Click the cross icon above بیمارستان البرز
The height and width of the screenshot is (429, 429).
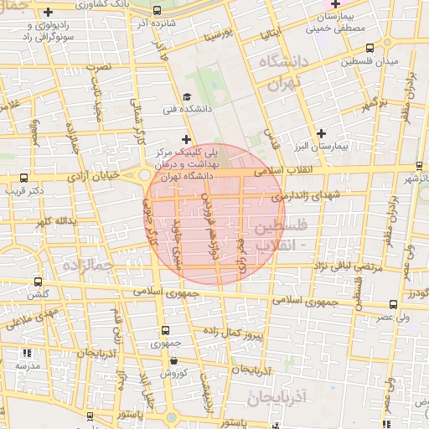click(x=322, y=133)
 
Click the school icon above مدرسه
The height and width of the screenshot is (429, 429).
click(x=28, y=354)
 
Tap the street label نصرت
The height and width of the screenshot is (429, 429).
click(x=101, y=65)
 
